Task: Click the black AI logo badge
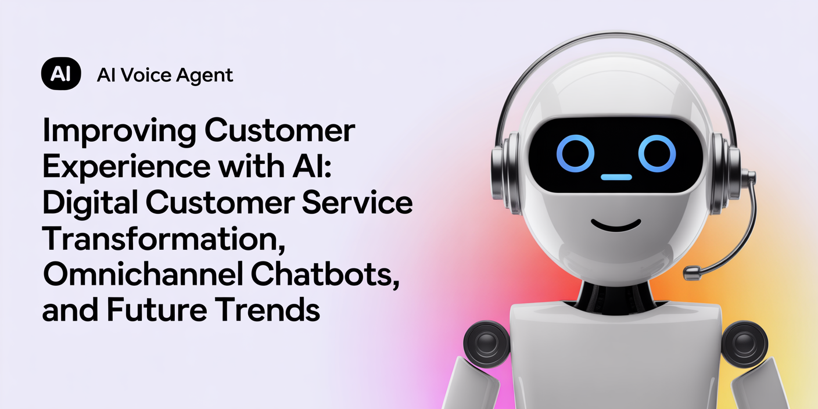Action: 61,74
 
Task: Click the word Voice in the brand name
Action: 146,75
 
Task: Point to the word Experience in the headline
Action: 127,167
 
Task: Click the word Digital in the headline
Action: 91,203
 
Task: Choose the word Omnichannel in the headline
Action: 143,274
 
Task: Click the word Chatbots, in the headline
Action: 325,275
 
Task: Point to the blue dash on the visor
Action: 616,177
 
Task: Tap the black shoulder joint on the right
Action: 744,344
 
